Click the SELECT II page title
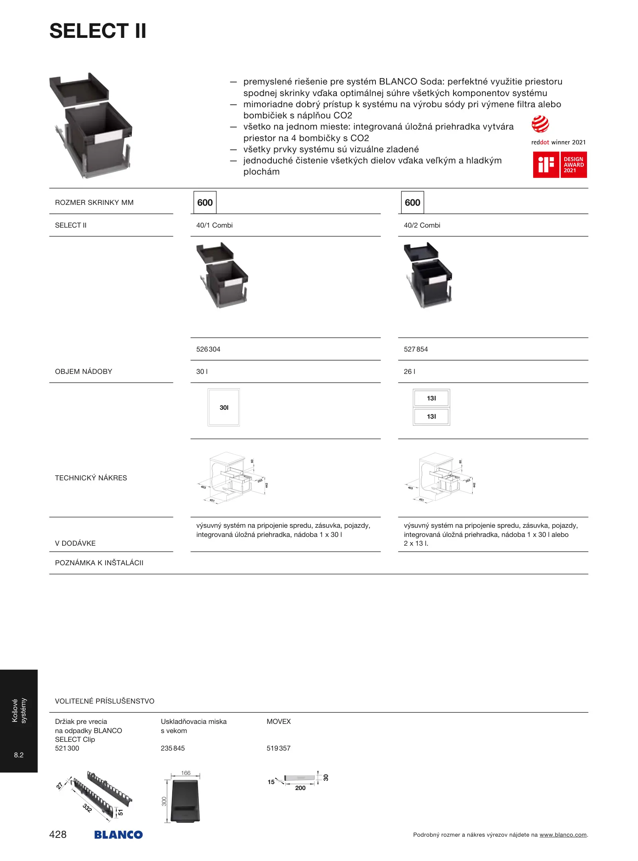(98, 31)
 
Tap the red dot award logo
(540, 124)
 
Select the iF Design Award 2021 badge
(560, 165)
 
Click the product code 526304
(208, 349)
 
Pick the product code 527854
(416, 349)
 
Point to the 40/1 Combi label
(214, 225)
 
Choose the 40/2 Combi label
(422, 225)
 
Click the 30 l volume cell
(202, 372)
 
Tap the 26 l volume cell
(409, 372)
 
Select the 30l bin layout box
(224, 407)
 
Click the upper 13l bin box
(431, 398)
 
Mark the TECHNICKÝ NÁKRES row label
(91, 478)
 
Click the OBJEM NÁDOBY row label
(84, 372)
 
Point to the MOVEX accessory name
(279, 721)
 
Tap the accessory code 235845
(173, 748)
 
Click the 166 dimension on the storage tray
(186, 773)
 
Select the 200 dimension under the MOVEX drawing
(300, 788)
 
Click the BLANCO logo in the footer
(118, 835)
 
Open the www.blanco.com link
(563, 835)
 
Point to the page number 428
(58, 834)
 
